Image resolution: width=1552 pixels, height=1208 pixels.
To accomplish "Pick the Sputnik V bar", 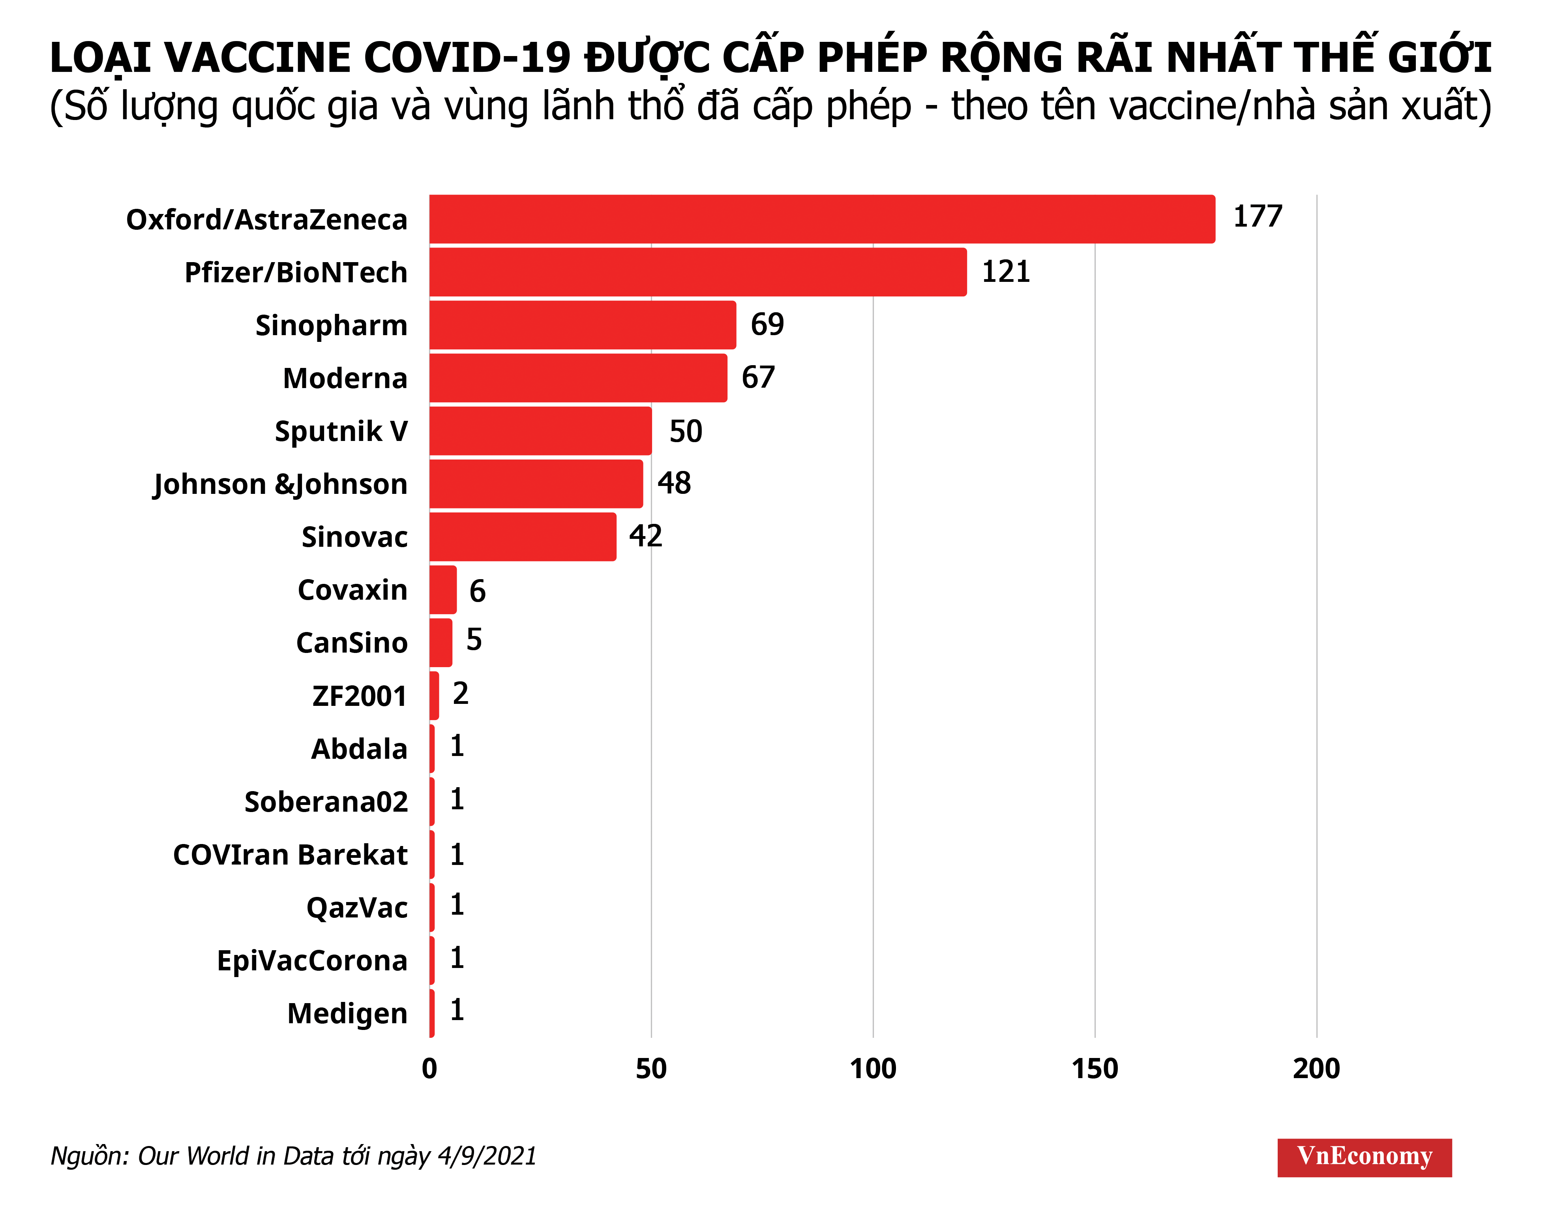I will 540,431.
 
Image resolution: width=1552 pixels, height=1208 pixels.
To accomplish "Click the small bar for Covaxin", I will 443,590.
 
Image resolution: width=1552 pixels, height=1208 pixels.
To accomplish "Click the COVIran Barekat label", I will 290,854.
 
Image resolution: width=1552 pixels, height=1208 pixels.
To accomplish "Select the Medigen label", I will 347,1013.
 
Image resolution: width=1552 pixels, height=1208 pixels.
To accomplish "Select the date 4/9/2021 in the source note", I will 487,1156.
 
